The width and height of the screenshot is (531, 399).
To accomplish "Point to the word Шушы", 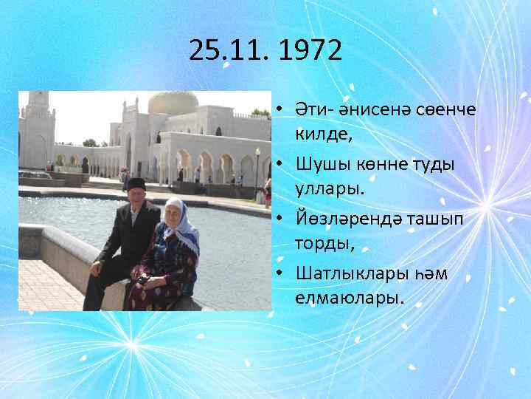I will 319,164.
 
